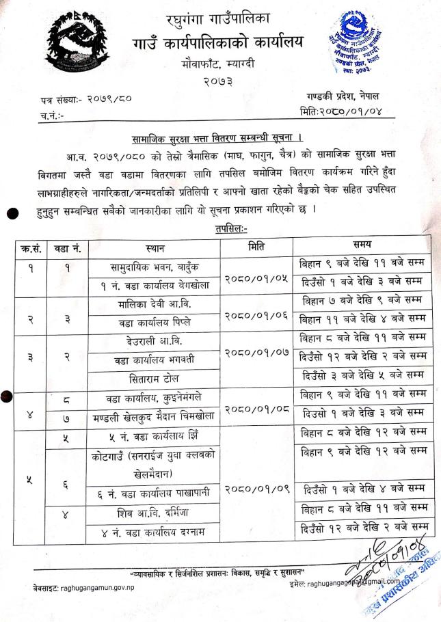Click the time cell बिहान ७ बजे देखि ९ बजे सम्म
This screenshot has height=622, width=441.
362,300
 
